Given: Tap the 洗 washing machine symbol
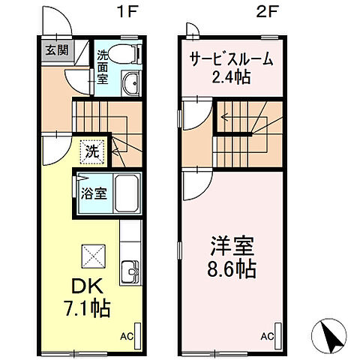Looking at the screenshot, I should pos(91,149).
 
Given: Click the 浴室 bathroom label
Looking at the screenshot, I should pos(94,193).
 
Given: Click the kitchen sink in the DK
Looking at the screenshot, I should pos(130,271).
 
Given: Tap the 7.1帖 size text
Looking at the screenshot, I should pos(87,307).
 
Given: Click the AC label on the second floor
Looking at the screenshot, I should pos(267,337).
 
